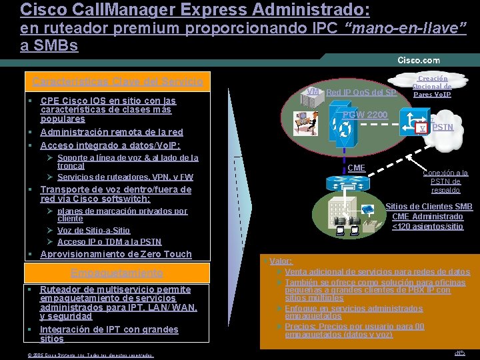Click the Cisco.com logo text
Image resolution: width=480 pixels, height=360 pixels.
(x=419, y=61)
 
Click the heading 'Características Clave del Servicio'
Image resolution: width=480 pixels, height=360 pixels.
(x=118, y=81)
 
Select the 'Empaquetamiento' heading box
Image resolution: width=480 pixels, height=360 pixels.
(x=117, y=273)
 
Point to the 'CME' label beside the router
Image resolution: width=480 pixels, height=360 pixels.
(x=357, y=167)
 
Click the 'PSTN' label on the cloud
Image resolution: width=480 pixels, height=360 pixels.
(x=443, y=126)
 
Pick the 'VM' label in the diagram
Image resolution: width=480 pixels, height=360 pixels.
(x=311, y=91)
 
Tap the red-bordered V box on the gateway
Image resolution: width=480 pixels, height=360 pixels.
(x=421, y=128)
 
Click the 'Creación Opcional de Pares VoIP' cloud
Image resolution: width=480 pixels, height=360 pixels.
(x=432, y=86)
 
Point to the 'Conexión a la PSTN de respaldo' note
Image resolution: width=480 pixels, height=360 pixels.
(x=445, y=181)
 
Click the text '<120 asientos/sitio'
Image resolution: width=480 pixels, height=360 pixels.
(x=428, y=226)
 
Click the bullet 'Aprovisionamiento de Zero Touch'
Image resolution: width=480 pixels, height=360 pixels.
(x=116, y=254)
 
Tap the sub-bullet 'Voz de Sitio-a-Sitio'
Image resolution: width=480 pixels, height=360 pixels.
(x=93, y=230)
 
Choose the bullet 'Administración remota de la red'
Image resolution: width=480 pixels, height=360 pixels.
(x=111, y=132)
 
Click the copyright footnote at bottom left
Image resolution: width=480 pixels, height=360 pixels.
(x=90, y=355)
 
